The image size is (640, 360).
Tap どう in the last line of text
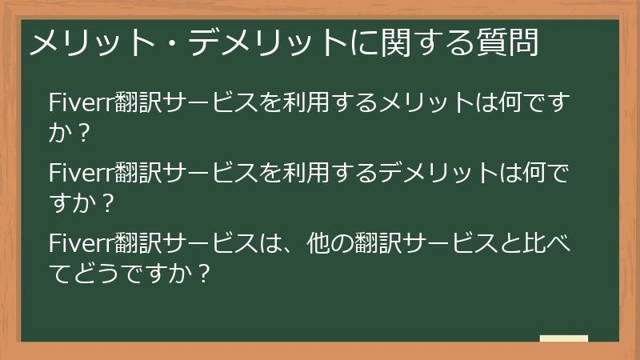point(95,272)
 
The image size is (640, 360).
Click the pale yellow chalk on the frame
point(563,338)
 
